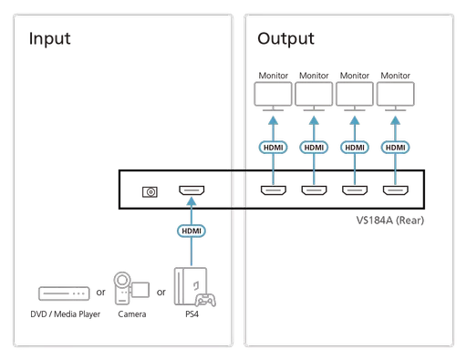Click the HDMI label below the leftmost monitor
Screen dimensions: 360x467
pos(272,147)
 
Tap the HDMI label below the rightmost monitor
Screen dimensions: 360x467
pos(395,147)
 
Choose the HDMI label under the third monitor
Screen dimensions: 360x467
pos(354,147)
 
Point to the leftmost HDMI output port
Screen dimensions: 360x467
pos(272,191)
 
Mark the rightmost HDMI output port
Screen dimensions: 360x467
pos(395,191)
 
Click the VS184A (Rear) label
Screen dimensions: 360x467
pos(389,220)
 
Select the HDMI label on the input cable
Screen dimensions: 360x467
pos(192,231)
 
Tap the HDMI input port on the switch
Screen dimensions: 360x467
pos(192,192)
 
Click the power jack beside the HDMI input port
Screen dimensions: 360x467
pos(151,192)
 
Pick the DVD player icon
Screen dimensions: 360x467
pos(65,294)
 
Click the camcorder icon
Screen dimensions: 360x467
pos(130,289)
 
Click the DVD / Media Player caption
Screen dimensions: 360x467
pos(64,316)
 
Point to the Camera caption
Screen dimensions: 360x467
pos(131,316)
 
